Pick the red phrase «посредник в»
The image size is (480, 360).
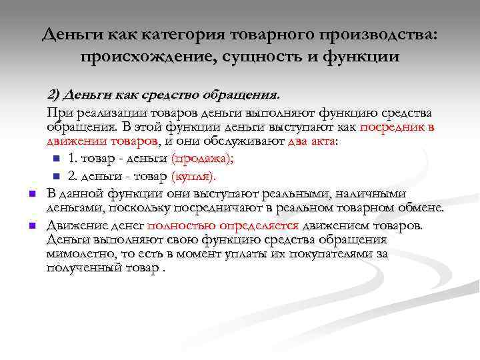point(397,127)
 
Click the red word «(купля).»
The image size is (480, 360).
point(194,176)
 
